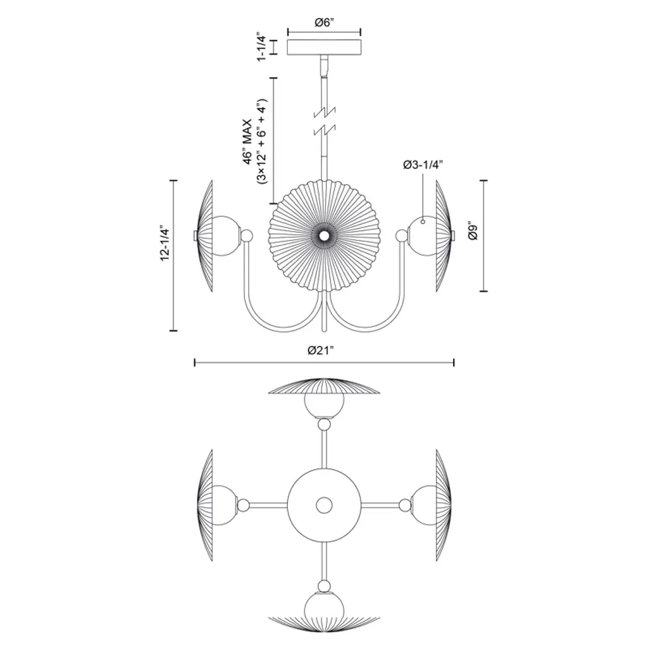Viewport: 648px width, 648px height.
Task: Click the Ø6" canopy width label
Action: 324,23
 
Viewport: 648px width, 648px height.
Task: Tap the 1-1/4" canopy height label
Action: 261,47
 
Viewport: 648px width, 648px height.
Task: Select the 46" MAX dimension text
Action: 248,142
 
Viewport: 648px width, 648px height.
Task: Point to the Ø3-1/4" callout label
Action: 423,165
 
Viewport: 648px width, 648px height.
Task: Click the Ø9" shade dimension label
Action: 473,232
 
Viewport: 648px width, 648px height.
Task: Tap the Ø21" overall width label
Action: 320,351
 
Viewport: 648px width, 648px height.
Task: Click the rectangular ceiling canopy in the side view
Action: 324,47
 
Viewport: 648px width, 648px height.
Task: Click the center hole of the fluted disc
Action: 324,235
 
